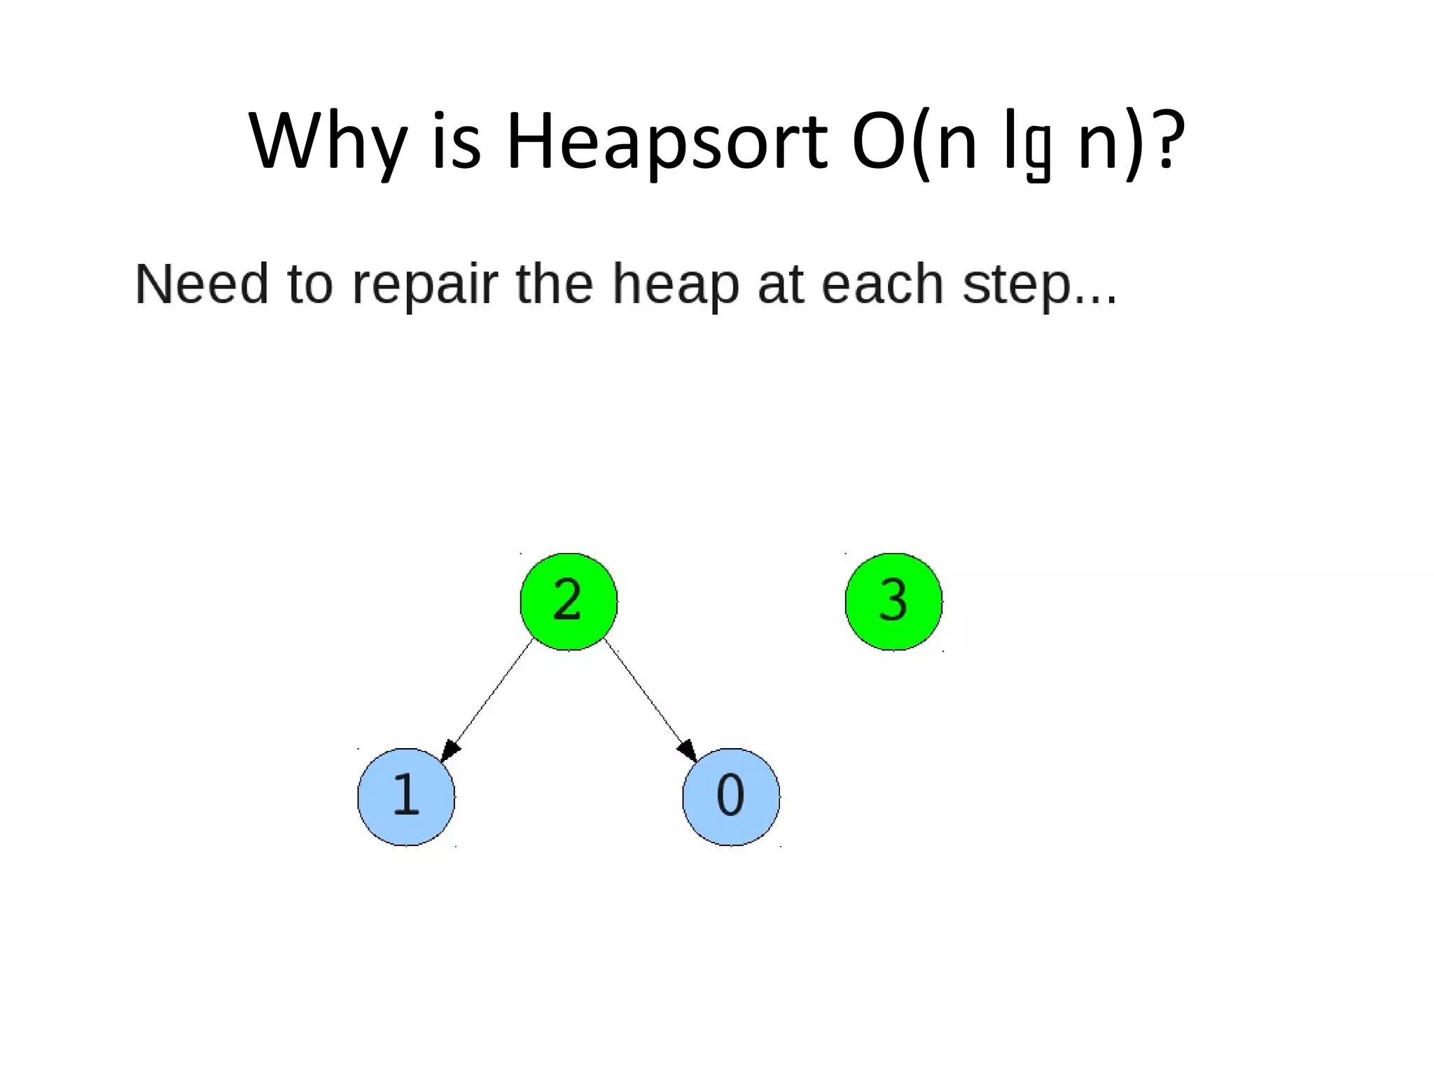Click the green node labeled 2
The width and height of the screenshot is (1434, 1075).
(569, 601)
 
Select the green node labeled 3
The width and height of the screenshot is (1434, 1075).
(893, 601)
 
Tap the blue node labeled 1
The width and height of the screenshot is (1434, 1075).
(406, 796)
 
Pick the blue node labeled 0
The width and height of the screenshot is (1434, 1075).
(731, 796)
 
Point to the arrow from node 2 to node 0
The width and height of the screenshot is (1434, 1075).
(647, 696)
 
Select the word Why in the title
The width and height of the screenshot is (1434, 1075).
(328, 142)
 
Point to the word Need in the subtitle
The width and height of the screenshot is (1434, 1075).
(202, 284)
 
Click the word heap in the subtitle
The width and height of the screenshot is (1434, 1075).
(676, 286)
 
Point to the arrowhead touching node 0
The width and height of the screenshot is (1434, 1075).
(688, 751)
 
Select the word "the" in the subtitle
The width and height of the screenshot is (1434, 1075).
(554, 284)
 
